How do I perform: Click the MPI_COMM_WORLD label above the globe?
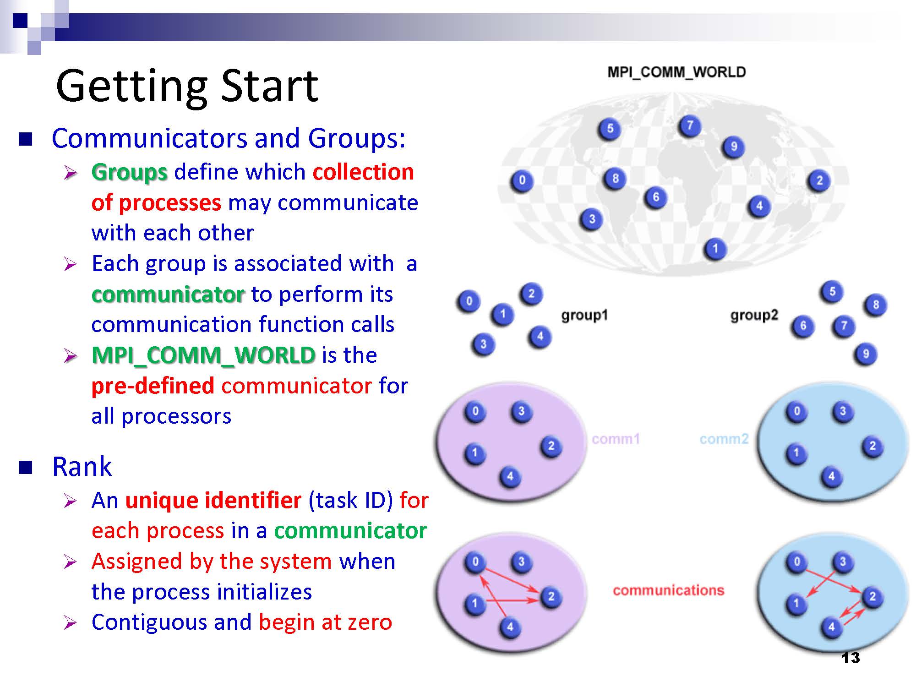coord(676,72)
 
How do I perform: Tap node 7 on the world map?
coord(690,126)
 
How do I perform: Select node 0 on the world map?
coord(522,180)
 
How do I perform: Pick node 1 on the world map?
coord(715,249)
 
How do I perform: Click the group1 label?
coord(584,315)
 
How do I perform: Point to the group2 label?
coord(754,315)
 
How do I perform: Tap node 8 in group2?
coord(875,305)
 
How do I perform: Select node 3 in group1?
coord(483,344)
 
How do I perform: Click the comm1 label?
coord(616,439)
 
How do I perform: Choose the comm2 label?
coord(724,439)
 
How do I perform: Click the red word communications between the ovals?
coord(669,590)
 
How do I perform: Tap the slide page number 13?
coord(851,658)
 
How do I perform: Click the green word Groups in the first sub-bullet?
coord(130,173)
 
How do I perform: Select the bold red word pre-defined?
coord(153,386)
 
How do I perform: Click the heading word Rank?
coord(82,467)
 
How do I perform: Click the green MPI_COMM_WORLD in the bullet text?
coord(204,356)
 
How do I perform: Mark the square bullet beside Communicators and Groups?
coord(26,139)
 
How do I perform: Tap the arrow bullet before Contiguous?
coord(70,623)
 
